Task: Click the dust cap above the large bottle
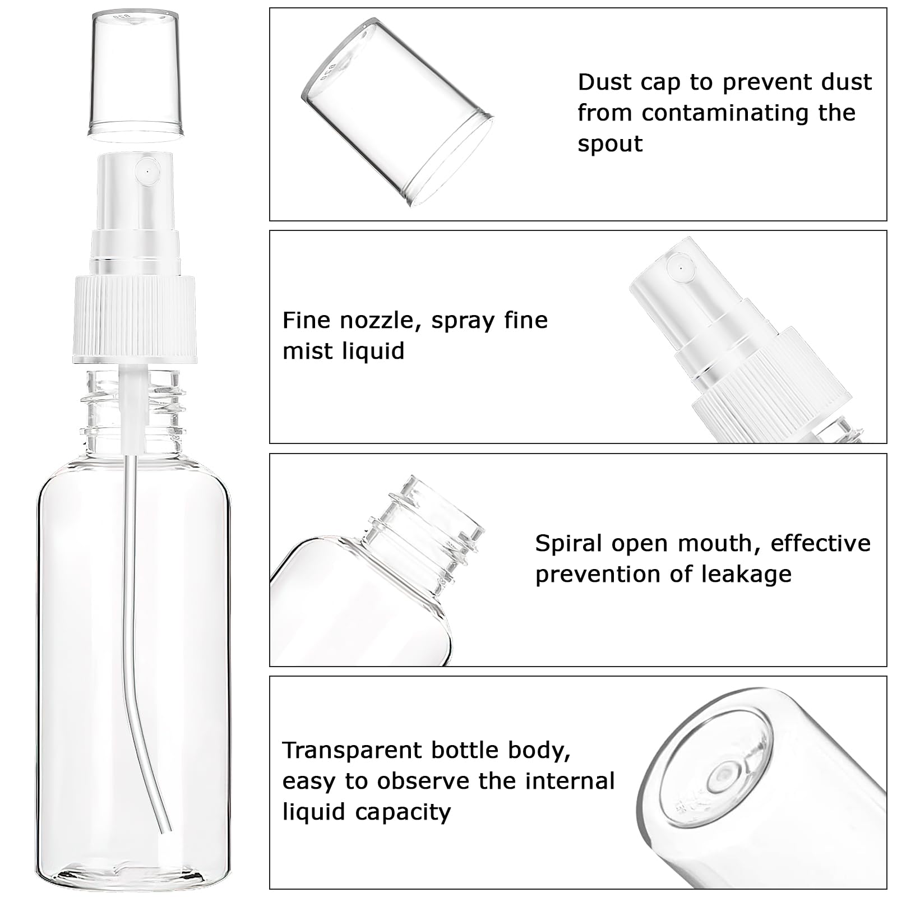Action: tap(136, 74)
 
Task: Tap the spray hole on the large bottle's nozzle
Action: tap(147, 168)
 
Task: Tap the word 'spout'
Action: tap(610, 145)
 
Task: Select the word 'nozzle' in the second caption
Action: tap(380, 320)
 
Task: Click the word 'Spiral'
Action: tap(569, 543)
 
